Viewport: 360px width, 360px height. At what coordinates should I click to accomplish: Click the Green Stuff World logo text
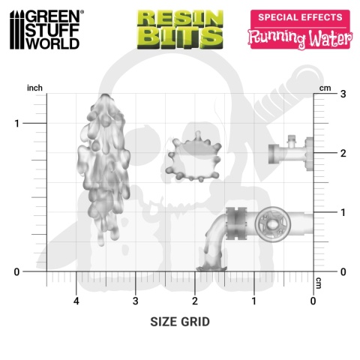(x=52, y=30)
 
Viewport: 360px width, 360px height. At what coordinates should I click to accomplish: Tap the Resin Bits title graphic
(x=180, y=29)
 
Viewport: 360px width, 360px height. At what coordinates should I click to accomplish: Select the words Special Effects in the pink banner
(x=300, y=17)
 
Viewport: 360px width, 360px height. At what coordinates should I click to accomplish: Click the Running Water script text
(x=300, y=38)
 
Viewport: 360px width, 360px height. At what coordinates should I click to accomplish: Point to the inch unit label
(x=34, y=88)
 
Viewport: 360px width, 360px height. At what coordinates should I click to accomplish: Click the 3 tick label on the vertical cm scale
(x=343, y=94)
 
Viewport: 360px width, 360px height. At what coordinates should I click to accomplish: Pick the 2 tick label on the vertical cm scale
(x=343, y=153)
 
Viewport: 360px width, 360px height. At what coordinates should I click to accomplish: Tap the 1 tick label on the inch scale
(x=16, y=124)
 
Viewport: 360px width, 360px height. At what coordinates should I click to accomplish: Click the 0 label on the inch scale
(x=16, y=271)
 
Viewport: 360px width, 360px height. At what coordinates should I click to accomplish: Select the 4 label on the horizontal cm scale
(x=76, y=301)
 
